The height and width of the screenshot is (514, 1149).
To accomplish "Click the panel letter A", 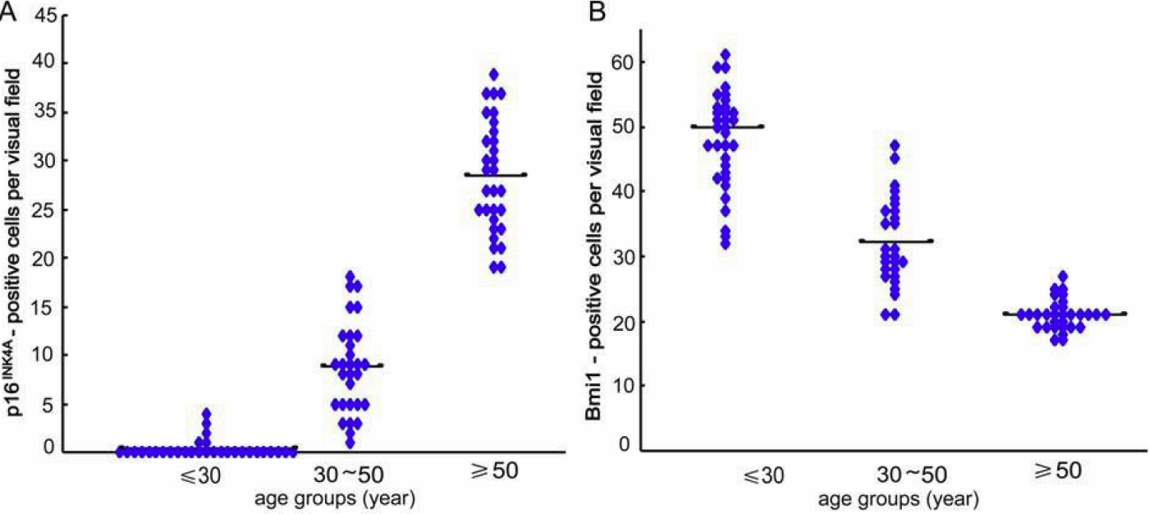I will tap(9, 11).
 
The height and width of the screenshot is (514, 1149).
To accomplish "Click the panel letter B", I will tap(593, 11).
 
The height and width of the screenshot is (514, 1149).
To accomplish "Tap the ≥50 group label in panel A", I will tap(492, 471).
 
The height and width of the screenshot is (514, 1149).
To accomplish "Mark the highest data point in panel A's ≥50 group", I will tap(493, 74).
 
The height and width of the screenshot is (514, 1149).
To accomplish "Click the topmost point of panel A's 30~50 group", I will tap(350, 277).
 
